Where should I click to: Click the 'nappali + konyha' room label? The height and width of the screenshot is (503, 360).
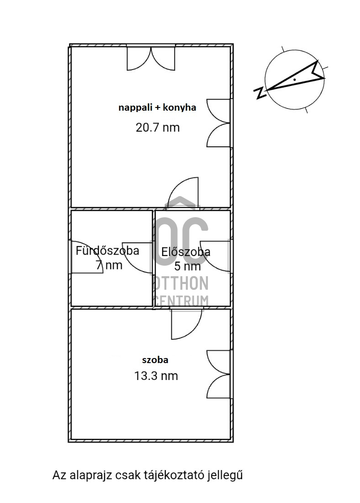pos(157,107)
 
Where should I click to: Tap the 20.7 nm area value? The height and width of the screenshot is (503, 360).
pos(158,128)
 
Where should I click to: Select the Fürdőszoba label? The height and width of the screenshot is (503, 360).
pos(107,251)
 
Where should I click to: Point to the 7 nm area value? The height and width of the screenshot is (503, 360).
pos(109,265)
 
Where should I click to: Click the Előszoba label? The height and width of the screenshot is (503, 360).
pos(185,252)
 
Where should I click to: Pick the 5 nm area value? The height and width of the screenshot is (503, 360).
pos(187,266)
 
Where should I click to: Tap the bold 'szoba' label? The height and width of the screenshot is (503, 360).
pos(155,360)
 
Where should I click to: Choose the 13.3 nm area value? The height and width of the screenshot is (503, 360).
pos(156,376)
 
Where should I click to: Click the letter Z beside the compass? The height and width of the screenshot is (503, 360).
pos(260,93)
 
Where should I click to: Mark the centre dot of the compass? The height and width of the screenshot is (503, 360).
pos(294,79)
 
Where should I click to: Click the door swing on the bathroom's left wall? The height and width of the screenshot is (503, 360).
pos(86,257)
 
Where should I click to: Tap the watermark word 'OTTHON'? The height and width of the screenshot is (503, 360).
pos(181,283)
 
